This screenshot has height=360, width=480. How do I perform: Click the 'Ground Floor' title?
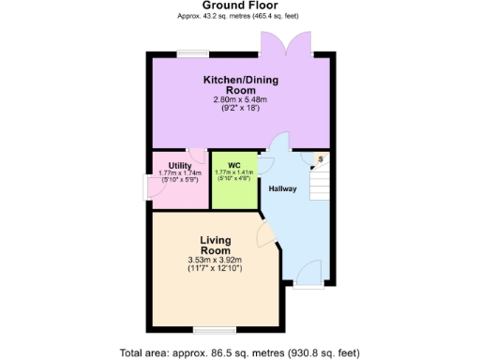click(240, 6)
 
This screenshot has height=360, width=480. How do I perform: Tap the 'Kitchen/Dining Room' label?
click(241, 84)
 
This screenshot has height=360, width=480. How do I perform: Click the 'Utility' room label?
click(180, 166)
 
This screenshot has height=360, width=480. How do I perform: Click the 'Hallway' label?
click(283, 188)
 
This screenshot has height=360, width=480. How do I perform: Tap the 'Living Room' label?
click(215, 246)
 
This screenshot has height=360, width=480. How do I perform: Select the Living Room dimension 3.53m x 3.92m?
click(215, 261)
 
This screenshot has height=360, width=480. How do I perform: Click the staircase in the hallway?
click(319, 183)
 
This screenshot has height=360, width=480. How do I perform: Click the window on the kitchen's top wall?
click(194, 52)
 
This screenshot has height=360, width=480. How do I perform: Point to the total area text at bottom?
click(240, 353)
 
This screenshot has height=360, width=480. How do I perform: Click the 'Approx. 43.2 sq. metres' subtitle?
click(240, 17)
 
